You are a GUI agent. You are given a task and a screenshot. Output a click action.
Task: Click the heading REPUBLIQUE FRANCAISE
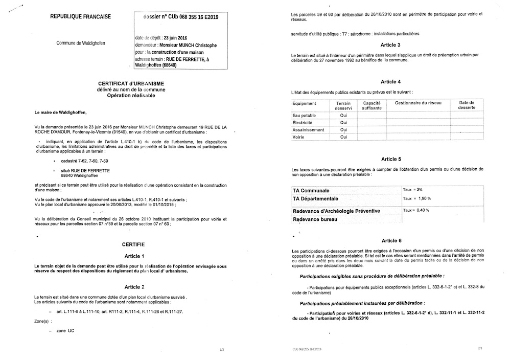point(81,17)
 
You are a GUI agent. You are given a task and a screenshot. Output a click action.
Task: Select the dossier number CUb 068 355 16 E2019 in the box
point(182,17)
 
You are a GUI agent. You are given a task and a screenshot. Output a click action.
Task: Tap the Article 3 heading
point(391,45)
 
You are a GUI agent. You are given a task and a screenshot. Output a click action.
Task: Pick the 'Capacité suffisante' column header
point(371,105)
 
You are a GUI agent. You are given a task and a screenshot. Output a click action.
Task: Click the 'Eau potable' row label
point(304,116)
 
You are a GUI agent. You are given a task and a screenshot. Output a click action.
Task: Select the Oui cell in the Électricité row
point(343,123)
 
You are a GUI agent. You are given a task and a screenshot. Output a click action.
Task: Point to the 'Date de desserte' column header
point(467,105)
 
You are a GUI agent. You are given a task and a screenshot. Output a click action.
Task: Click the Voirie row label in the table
point(298,137)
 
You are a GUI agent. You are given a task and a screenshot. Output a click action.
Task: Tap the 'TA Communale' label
point(311,190)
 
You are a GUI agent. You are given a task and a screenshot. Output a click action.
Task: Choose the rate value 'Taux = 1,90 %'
point(417,198)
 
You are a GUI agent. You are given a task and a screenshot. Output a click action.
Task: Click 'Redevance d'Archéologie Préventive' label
point(336,211)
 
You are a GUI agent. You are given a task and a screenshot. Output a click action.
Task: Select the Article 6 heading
point(391,240)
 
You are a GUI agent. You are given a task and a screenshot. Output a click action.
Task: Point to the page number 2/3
point(480,348)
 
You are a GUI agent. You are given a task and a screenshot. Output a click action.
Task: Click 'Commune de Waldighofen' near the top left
point(81,43)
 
